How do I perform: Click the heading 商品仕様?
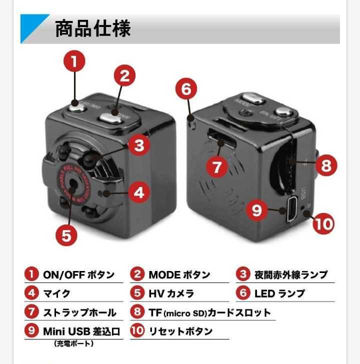tap(92, 28)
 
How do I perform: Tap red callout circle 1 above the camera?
tap(74, 62)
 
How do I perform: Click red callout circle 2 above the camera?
tap(125, 76)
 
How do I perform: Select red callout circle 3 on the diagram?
tap(139, 145)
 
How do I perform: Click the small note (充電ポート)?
tap(73, 343)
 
